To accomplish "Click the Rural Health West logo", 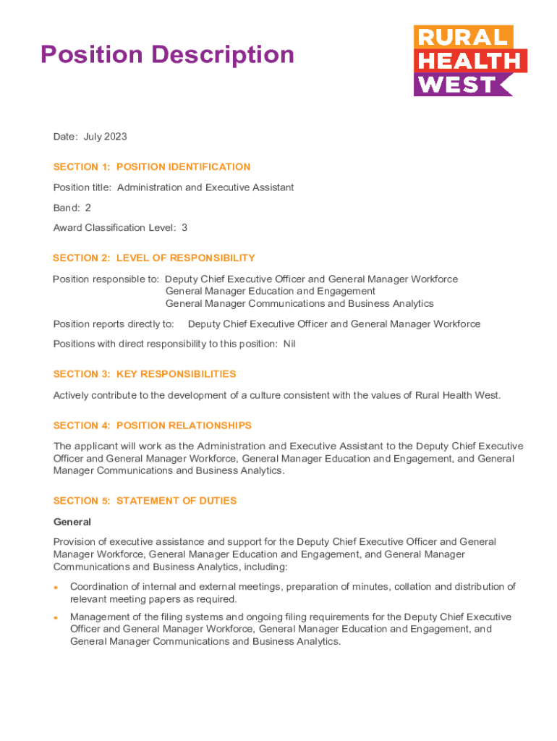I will click(x=469, y=61).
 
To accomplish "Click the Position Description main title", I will click(x=167, y=54).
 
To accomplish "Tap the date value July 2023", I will click(x=105, y=137).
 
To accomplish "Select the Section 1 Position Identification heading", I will click(x=152, y=167).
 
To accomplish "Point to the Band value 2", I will click(x=88, y=208).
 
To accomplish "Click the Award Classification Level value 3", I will click(x=184, y=227).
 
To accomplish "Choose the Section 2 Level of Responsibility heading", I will click(x=154, y=258).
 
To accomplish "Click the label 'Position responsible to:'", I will click(x=106, y=279).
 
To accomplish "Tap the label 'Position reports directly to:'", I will click(x=114, y=324).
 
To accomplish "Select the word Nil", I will click(x=289, y=344).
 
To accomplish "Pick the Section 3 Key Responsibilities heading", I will click(x=145, y=374).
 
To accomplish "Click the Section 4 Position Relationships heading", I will click(x=153, y=425).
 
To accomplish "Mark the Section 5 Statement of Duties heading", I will click(x=145, y=501).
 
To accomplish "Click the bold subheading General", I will click(x=72, y=522).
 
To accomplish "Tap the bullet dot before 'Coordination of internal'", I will click(x=56, y=587).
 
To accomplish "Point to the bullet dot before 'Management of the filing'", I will click(x=56, y=617).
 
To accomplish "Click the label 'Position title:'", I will click(x=82, y=187).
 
